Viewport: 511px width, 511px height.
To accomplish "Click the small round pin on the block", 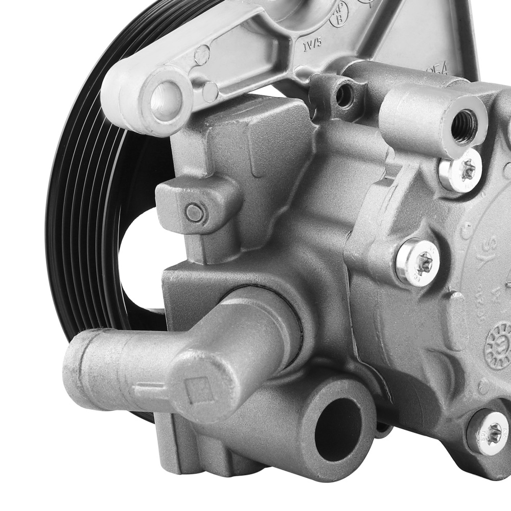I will coord(195,212).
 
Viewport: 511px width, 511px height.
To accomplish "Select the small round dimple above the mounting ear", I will coord(202,53).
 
